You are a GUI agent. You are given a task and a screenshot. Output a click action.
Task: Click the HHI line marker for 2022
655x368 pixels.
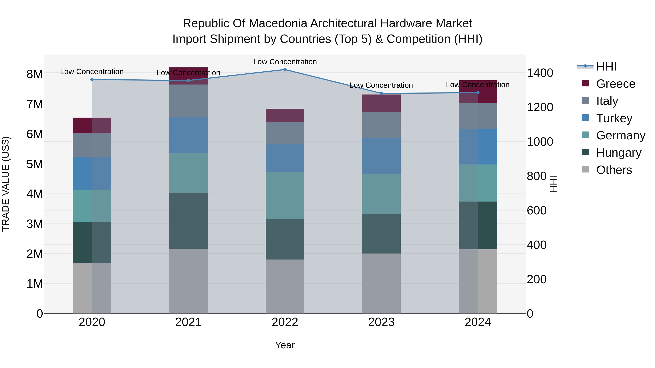tap(285, 70)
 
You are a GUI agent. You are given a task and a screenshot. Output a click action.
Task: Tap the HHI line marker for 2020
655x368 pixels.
tap(92, 79)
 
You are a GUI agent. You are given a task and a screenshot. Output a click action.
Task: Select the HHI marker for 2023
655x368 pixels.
tap(381, 93)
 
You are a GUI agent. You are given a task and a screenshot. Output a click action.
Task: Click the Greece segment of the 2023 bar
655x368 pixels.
tap(381, 103)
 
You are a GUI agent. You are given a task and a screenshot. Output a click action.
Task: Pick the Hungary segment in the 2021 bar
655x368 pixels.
tap(188, 220)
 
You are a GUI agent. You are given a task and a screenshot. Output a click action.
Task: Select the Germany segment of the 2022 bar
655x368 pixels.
tap(285, 196)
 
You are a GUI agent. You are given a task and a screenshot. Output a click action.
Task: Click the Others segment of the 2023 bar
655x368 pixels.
tap(381, 283)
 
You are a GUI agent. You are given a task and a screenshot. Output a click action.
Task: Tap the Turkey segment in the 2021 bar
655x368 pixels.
tap(188, 135)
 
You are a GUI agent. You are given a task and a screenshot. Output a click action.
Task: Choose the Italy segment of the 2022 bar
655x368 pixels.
tap(285, 133)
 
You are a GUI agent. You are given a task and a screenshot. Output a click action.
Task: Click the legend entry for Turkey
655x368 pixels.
tap(614, 118)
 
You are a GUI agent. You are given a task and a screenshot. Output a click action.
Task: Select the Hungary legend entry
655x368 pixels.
tap(618, 153)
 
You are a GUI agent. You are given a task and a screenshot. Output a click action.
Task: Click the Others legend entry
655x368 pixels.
tap(614, 170)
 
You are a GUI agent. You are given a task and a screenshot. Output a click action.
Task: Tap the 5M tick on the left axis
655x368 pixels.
tap(35, 164)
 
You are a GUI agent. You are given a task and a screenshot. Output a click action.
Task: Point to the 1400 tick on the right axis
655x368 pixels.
tap(540, 73)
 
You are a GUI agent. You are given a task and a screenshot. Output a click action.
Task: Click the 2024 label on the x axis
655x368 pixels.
tap(478, 322)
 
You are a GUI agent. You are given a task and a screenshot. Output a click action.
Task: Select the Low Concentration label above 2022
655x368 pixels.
tap(285, 62)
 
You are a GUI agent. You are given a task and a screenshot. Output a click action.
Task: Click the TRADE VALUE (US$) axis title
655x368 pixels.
tap(6, 184)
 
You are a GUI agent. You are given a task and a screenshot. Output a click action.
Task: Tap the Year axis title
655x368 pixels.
tap(285, 345)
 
